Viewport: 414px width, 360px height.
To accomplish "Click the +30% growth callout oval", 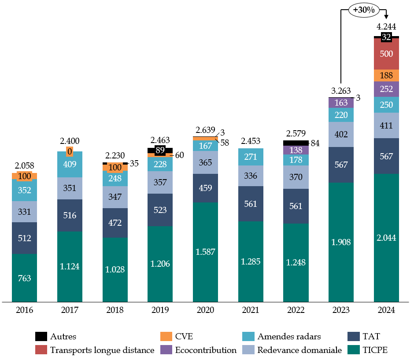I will tap(363, 10).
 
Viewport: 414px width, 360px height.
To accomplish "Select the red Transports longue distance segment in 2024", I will tap(386, 54).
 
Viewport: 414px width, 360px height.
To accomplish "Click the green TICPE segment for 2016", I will tap(24, 278).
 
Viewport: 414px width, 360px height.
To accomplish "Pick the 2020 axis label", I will tap(205, 310).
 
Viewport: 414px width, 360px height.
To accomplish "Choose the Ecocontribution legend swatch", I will tap(166, 350).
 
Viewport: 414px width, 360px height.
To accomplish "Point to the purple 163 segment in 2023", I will tap(341, 103).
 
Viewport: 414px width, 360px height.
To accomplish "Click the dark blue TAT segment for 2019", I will tap(160, 210).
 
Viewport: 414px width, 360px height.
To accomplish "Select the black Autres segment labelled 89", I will tap(160, 151).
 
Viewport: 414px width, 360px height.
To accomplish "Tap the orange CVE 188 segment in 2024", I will tap(386, 75).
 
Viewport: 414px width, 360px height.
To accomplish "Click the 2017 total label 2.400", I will tap(70, 141).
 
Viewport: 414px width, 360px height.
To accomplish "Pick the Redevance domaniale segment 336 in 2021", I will tap(251, 176).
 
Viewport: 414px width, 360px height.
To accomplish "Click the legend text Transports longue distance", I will tap(102, 350).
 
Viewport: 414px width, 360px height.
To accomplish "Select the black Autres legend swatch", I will tap(41, 337).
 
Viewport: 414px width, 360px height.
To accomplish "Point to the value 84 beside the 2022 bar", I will tap(314, 143).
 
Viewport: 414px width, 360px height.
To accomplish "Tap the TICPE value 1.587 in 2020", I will tap(205, 252).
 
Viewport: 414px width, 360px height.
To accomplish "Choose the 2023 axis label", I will tap(341, 310).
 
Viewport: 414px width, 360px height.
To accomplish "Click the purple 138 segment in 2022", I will tap(296, 150).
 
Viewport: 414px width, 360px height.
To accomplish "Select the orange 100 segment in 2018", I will tap(115, 167).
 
